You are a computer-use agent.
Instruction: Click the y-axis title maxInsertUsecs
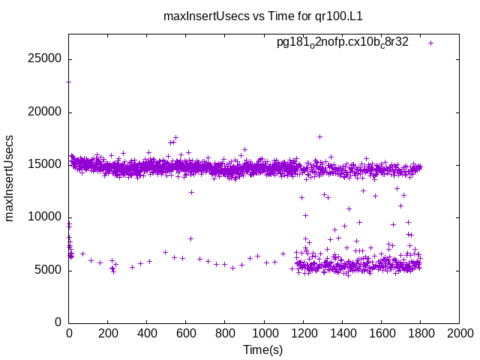pyautogui.click(x=10, y=178)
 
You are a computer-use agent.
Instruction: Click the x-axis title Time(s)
pyautogui.click(x=263, y=349)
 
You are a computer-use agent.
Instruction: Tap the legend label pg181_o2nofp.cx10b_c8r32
pyautogui.click(x=342, y=43)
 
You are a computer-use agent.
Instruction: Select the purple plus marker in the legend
pyautogui.click(x=430, y=43)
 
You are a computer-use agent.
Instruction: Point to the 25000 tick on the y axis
pyautogui.click(x=46, y=59)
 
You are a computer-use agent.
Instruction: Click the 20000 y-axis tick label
pyautogui.click(x=46, y=112)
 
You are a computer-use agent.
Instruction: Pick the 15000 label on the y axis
pyautogui.click(x=46, y=164)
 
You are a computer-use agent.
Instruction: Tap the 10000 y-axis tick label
pyautogui.click(x=46, y=217)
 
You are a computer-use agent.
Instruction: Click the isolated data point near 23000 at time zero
pyautogui.click(x=69, y=81)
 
